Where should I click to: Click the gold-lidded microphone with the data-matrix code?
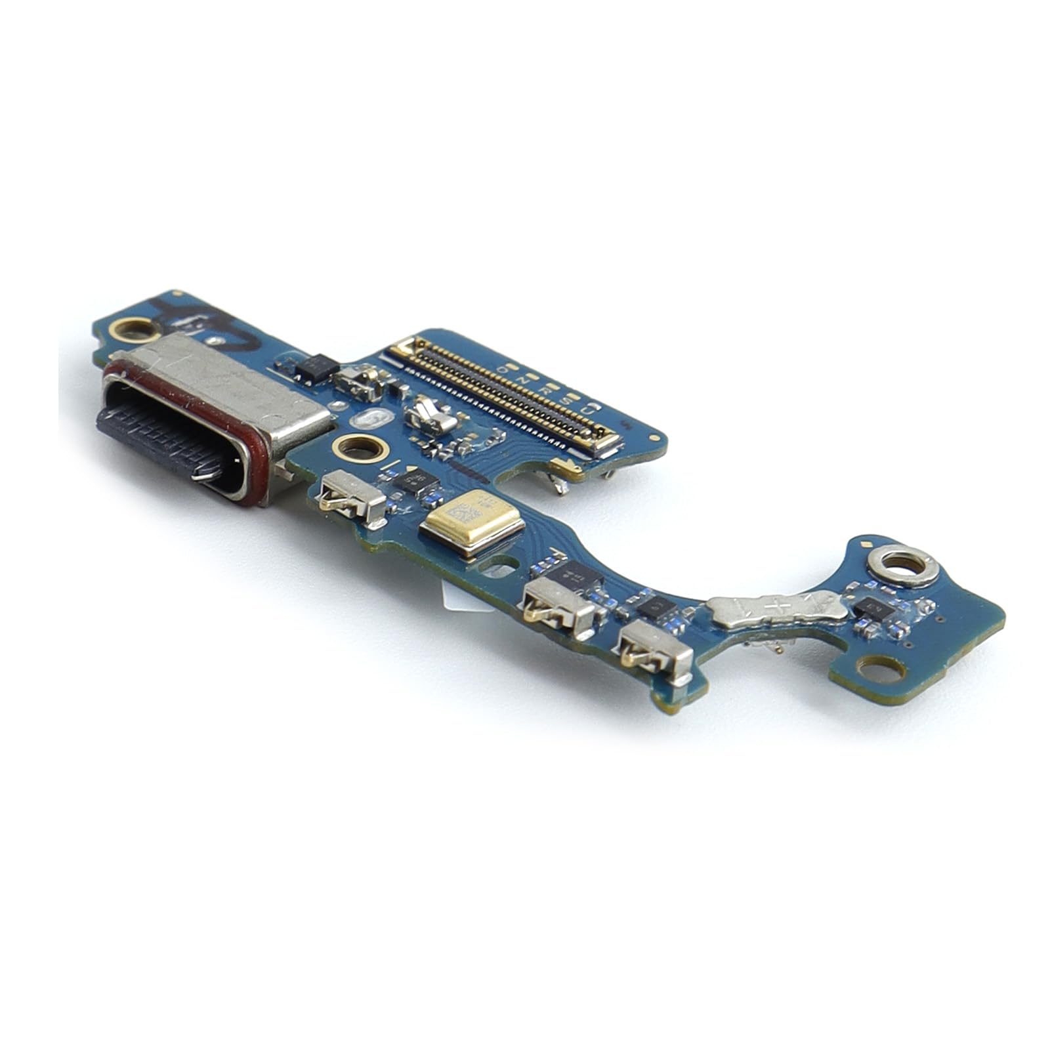[473, 521]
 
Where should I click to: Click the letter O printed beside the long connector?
[503, 369]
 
